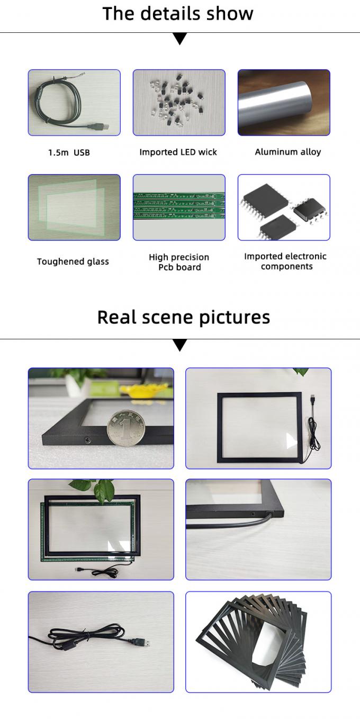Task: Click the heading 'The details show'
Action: click(x=178, y=14)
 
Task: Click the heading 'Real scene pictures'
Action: click(x=183, y=317)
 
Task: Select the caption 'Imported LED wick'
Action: click(x=178, y=152)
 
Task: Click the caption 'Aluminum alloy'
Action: click(x=287, y=152)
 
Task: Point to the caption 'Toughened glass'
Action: click(x=73, y=261)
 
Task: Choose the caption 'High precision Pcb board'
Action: click(x=179, y=262)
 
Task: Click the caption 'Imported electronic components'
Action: click(x=285, y=261)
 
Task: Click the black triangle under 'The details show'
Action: click(x=180, y=39)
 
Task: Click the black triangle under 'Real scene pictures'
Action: click(x=180, y=345)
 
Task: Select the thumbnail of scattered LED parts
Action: click(x=179, y=103)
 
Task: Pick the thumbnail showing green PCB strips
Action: click(x=179, y=207)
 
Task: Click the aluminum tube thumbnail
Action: click(x=284, y=103)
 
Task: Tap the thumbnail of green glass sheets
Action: click(x=74, y=207)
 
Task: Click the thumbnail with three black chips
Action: click(x=284, y=207)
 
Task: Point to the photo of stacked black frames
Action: click(x=258, y=642)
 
